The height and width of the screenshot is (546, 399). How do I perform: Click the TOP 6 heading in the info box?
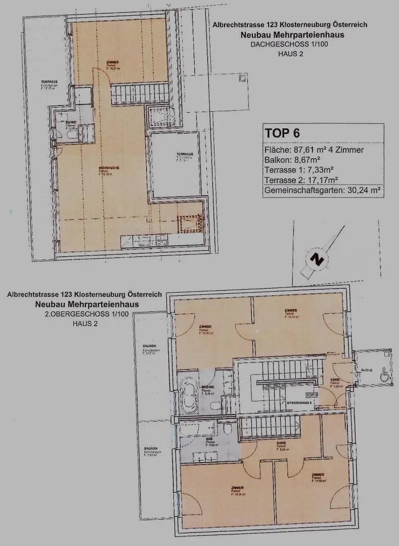point(282,133)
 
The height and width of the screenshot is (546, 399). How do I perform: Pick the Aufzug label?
point(367,370)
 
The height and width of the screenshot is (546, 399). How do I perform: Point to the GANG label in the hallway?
point(282,443)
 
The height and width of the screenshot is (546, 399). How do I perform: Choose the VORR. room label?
point(334,380)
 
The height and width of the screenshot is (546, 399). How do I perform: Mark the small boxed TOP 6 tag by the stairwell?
point(312,394)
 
